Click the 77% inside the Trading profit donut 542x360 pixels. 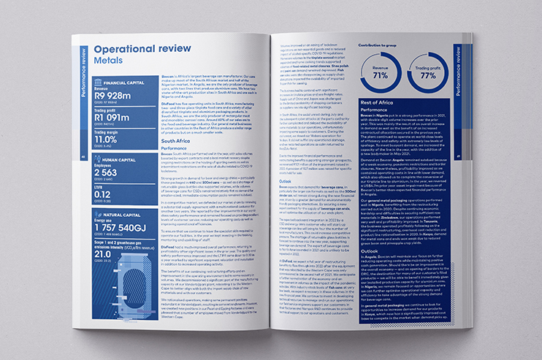pyautogui.click(x=429, y=75)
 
